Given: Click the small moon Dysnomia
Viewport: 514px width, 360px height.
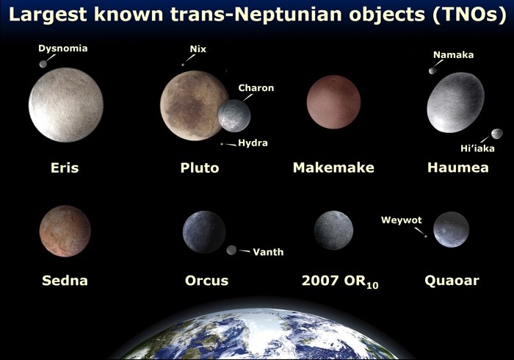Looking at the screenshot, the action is [x=43, y=64].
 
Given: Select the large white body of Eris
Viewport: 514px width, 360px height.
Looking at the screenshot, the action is [x=66, y=105].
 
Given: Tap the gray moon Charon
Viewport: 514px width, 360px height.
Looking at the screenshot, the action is [x=234, y=116].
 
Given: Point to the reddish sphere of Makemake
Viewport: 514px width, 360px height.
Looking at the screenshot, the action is [x=333, y=102].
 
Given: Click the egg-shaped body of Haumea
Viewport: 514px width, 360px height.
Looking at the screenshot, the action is [x=455, y=102].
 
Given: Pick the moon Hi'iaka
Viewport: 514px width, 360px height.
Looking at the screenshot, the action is [x=497, y=134].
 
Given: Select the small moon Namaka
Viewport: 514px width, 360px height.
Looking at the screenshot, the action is [x=432, y=71].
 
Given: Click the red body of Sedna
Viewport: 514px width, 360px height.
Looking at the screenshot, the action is [x=65, y=231].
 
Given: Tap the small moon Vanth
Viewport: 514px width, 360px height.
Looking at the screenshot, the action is [x=231, y=251].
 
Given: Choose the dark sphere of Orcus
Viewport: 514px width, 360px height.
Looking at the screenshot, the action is [x=204, y=232].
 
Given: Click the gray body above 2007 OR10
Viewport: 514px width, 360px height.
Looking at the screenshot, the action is [x=333, y=230].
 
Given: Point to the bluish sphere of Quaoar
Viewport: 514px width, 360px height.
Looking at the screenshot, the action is [x=451, y=229].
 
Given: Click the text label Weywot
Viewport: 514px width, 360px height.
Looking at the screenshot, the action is [x=401, y=220].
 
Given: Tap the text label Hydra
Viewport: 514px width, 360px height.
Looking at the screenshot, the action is [x=253, y=143].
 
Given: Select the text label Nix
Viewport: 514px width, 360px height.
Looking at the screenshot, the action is [x=198, y=49].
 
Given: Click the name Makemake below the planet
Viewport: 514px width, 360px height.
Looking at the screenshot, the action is [x=333, y=168].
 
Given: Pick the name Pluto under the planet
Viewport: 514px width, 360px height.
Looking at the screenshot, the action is [x=200, y=168].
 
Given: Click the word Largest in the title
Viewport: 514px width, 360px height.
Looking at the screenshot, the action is [x=48, y=14].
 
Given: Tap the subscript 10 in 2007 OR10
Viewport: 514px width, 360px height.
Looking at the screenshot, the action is [x=372, y=286].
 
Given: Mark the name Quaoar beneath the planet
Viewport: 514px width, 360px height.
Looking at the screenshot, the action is [x=452, y=281].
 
